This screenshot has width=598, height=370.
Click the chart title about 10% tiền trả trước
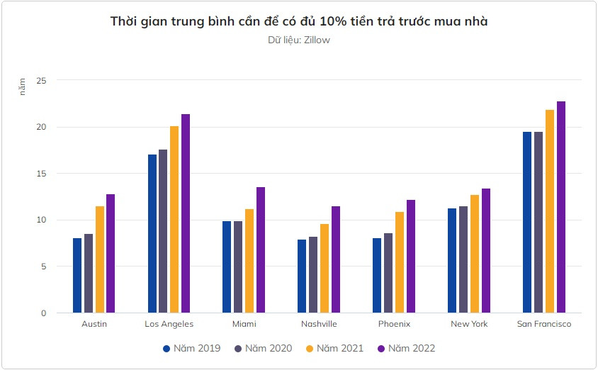click(298, 22)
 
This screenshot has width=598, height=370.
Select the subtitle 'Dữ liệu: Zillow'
click(298, 40)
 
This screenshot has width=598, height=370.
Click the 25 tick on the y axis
click(41, 81)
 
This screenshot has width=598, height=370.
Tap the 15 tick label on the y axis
click(41, 174)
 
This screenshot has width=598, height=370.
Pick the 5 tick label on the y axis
click(43, 267)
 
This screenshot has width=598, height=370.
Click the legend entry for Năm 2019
click(191, 348)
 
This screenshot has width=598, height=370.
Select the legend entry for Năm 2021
click(334, 348)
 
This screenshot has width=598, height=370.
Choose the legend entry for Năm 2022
click(405, 348)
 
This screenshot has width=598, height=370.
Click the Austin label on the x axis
click(94, 324)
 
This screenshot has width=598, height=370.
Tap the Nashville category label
click(319, 324)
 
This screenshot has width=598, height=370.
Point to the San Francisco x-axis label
click(543, 324)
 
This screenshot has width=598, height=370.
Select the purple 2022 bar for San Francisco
click(560, 207)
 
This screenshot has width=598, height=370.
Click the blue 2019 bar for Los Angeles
click(152, 234)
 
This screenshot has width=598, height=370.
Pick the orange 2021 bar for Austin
click(100, 259)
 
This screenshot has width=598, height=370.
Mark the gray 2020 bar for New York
click(463, 259)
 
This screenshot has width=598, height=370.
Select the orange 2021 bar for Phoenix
click(400, 262)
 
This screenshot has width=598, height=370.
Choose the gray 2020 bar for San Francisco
click(538, 223)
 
